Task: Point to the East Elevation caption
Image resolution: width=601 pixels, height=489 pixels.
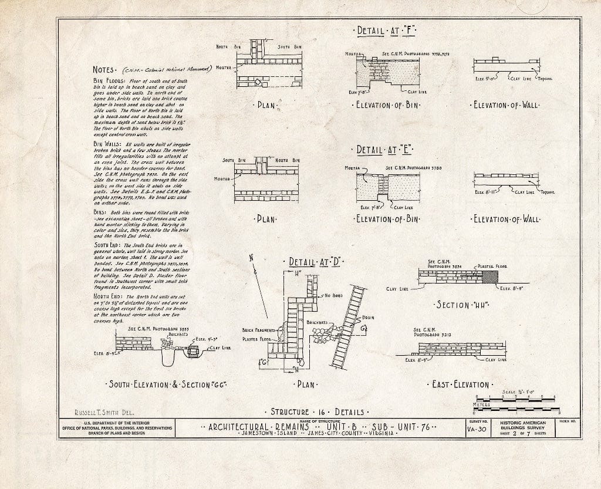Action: point(460,385)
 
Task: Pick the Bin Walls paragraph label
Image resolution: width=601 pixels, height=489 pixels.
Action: point(107,143)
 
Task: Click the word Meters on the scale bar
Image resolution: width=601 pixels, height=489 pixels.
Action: point(481,404)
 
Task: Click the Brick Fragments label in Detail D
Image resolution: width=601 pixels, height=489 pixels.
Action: point(259,331)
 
